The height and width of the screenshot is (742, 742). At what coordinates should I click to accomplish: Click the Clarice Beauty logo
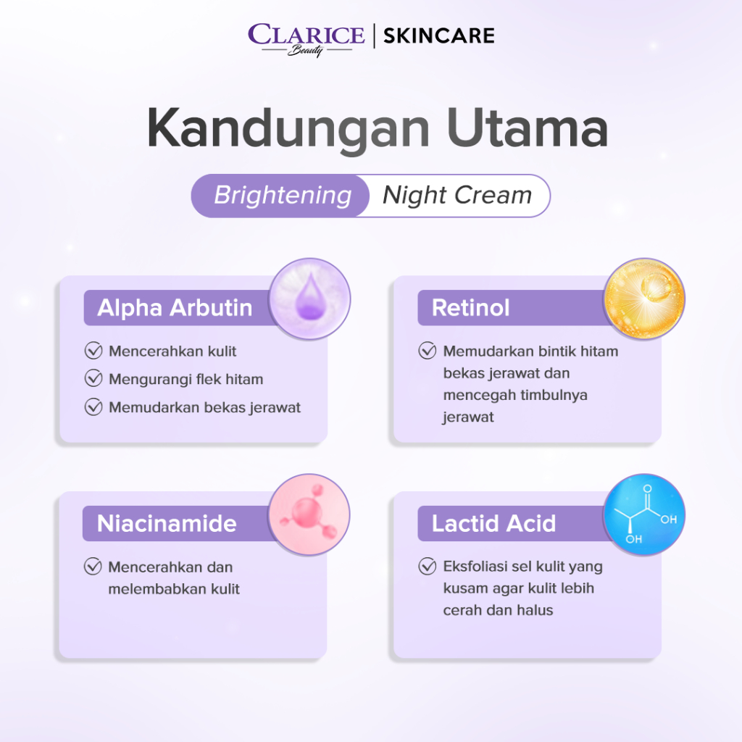click(x=307, y=39)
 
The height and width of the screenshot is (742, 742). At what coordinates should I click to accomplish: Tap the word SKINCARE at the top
click(x=438, y=36)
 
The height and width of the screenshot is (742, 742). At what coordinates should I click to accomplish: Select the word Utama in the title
click(x=528, y=128)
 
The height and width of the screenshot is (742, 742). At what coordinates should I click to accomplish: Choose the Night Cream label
click(x=457, y=196)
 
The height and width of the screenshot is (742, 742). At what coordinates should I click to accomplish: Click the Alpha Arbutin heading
click(x=175, y=307)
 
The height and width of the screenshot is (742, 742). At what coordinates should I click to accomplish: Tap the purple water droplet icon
click(x=309, y=299)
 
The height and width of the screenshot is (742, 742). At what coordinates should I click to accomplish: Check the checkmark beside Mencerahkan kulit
click(x=93, y=351)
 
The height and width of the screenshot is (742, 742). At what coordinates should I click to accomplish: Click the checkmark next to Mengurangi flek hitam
click(x=93, y=378)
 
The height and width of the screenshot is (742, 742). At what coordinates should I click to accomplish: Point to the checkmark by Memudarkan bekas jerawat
click(x=93, y=407)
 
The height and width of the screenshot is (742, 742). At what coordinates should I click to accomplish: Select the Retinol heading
click(x=471, y=307)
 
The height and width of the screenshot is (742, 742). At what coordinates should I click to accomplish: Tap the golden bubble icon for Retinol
click(x=644, y=299)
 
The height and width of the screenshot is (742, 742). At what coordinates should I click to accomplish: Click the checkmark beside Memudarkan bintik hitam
click(x=428, y=351)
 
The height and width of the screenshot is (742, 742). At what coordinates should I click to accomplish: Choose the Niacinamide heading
click(x=167, y=523)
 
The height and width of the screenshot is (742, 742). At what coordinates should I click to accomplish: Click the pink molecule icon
click(x=309, y=514)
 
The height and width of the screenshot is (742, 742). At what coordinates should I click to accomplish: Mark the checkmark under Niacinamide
click(x=93, y=567)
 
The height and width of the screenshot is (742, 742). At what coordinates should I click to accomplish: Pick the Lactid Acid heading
click(x=493, y=523)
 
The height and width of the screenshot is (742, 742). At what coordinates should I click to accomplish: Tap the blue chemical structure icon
click(x=644, y=514)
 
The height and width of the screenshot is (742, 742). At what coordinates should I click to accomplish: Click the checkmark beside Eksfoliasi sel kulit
click(x=428, y=566)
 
